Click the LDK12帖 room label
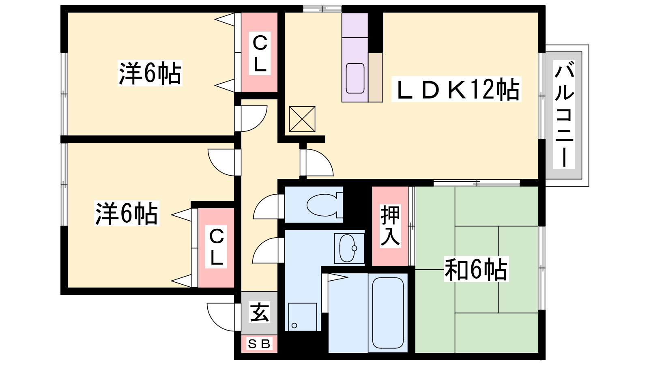[x=457, y=89]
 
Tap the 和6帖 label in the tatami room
[x=476, y=269]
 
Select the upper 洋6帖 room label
[x=150, y=73]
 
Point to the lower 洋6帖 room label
[x=127, y=213]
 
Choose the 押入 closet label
[x=390, y=225]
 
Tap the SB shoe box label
[x=259, y=344]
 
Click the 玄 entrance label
[x=259, y=312]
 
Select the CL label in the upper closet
[x=260, y=53]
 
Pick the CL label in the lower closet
[x=216, y=247]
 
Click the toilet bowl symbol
[x=324, y=204]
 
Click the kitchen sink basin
[x=355, y=78]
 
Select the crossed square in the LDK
[x=302, y=119]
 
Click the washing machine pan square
[x=302, y=317]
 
